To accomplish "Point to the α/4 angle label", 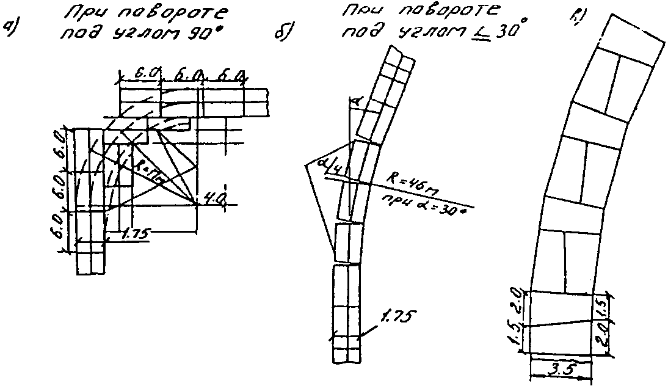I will point(330,166).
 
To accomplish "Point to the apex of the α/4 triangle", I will point(306,165).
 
